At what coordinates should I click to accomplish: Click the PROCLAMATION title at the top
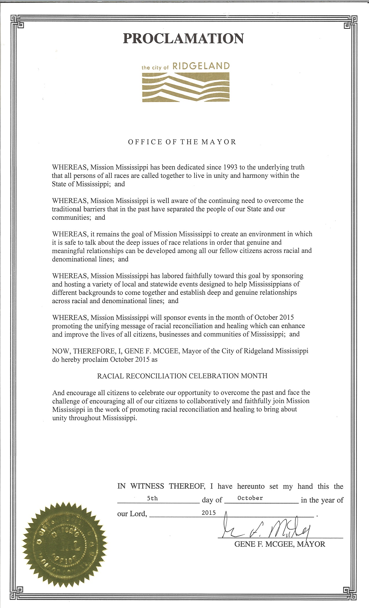[183, 38]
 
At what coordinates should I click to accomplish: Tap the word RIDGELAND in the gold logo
[201, 66]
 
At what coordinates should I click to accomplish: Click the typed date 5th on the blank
[152, 499]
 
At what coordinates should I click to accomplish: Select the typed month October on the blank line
[250, 498]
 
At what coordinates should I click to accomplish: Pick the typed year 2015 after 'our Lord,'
[209, 512]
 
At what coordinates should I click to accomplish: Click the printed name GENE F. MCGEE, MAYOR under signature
[280, 544]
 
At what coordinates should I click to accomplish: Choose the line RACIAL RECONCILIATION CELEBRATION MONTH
[182, 376]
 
